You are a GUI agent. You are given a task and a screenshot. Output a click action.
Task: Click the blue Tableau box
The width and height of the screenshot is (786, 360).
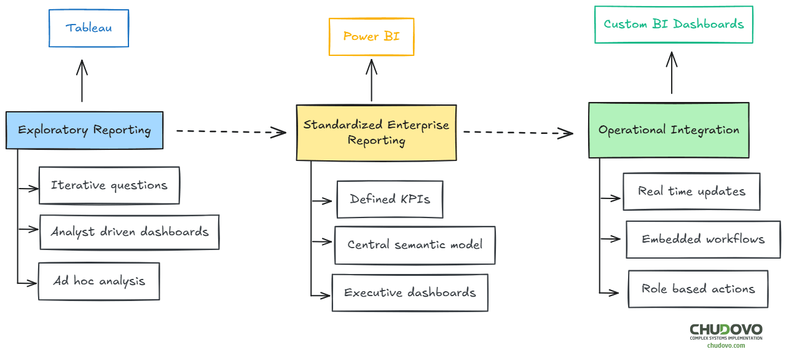pos(89,28)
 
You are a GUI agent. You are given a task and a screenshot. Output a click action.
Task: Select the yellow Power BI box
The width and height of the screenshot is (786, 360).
pos(371,37)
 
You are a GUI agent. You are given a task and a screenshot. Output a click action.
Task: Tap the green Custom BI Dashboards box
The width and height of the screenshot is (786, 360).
pos(674,25)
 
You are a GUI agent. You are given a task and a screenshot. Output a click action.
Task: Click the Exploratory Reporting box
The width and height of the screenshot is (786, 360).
pos(85,130)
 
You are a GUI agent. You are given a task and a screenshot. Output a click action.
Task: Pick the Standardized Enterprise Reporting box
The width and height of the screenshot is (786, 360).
pos(376,133)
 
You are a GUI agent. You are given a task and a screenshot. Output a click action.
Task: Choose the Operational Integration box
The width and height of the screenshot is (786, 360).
pos(669,130)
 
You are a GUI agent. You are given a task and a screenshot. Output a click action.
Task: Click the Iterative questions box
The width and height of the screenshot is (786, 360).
pos(109,186)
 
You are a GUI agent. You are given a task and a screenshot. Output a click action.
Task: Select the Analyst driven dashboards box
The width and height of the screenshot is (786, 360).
pos(130,232)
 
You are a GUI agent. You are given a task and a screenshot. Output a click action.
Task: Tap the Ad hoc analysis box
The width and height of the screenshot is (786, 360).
pos(99,281)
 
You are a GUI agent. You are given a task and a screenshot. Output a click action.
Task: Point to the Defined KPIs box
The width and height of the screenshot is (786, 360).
pos(390,199)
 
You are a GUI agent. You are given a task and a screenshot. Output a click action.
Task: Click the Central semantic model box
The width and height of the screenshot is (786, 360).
pos(415,245)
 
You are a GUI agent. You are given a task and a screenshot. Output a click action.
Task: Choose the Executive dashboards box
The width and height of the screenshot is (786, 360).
pos(410,293)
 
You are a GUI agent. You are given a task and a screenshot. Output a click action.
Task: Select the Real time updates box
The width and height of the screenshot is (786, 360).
pos(691,192)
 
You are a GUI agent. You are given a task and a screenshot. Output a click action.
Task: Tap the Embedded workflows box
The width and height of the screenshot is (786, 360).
pos(703,240)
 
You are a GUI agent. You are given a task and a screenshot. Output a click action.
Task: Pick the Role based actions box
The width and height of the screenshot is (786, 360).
pos(698,289)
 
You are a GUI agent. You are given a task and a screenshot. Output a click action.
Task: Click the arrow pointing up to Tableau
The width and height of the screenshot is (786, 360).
pos(82,80)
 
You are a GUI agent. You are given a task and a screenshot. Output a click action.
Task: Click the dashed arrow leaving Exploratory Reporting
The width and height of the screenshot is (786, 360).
pos(230,131)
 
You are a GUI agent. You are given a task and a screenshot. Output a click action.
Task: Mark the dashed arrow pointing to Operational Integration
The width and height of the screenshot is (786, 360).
pos(517,132)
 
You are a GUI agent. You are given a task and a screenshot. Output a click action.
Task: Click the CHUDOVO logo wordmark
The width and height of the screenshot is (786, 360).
pos(726,330)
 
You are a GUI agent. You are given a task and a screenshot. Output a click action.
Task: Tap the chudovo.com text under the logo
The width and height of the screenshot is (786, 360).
pos(726,345)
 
